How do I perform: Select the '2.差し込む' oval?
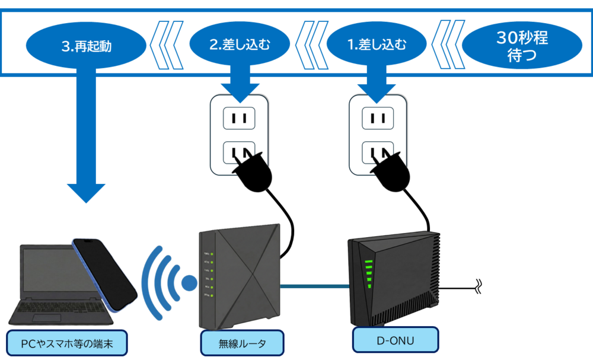[x=240, y=44]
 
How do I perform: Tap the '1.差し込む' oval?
[x=377, y=44]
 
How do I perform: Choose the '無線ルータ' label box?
[x=242, y=343]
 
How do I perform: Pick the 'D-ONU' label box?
[x=396, y=340]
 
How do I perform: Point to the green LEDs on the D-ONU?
[x=368, y=273]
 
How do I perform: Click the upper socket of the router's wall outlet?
[x=239, y=118]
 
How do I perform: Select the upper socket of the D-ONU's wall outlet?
[x=378, y=118]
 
